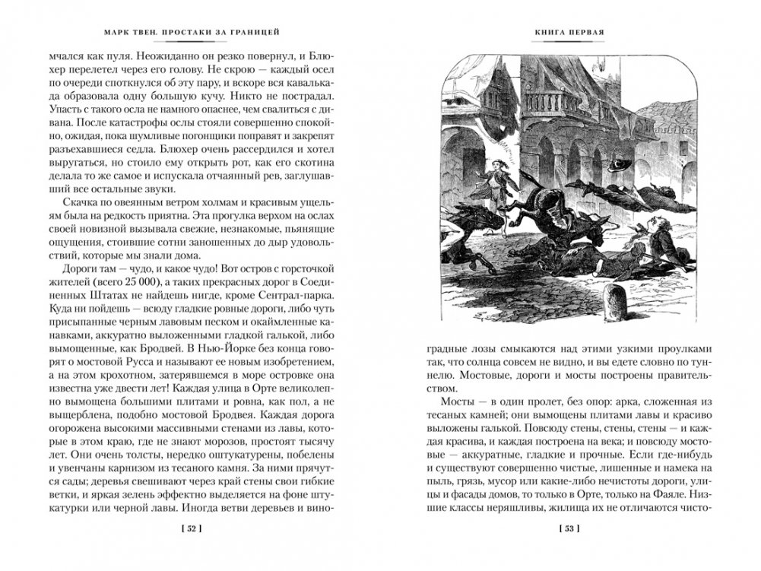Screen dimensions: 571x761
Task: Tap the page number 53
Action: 569,526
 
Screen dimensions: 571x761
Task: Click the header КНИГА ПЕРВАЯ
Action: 569,32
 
